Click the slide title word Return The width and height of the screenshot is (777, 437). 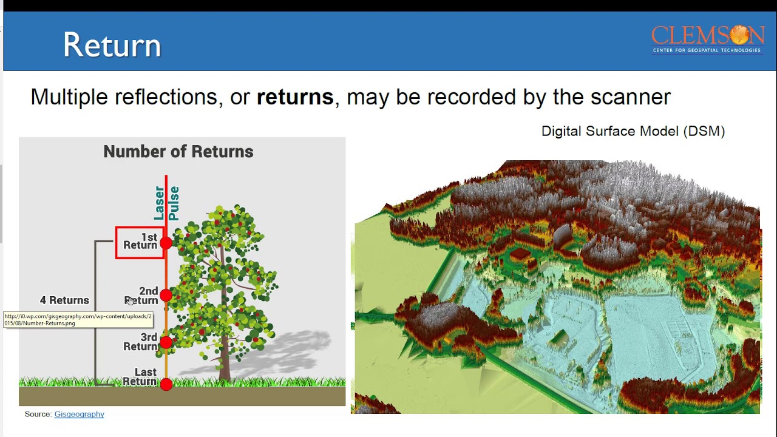pos(112,46)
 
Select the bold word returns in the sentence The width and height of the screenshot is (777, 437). pos(295,97)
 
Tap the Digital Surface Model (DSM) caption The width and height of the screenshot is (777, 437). pos(633,131)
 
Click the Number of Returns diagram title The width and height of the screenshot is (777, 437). pos(178,152)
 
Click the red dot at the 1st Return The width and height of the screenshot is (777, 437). pos(166,243)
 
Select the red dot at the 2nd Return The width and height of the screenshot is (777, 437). pos(166,296)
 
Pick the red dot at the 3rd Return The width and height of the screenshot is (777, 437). pos(166,342)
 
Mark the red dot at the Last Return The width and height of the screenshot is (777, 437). pos(166,384)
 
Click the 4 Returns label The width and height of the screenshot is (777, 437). pos(64,300)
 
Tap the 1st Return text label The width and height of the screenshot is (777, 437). pos(141,242)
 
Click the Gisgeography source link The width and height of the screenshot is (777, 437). pos(79,414)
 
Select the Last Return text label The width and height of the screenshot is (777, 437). pos(140,377)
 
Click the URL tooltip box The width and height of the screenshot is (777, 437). pos(78,320)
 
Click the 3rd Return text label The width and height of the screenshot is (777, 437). pos(141,342)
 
